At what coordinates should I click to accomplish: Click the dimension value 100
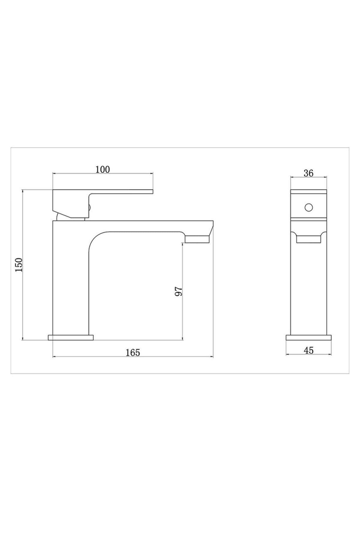[x=103, y=169]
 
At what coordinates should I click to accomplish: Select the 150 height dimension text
[x=19, y=265]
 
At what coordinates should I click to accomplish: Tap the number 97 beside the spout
[x=179, y=291]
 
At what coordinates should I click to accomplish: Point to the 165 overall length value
[x=133, y=353]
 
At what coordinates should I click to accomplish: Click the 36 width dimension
[x=308, y=173]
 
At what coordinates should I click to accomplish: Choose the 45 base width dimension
[x=309, y=350]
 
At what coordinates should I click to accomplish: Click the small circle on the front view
[x=308, y=207]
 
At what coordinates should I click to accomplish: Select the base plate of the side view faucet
[x=71, y=337]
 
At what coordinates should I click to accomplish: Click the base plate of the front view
[x=309, y=337]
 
